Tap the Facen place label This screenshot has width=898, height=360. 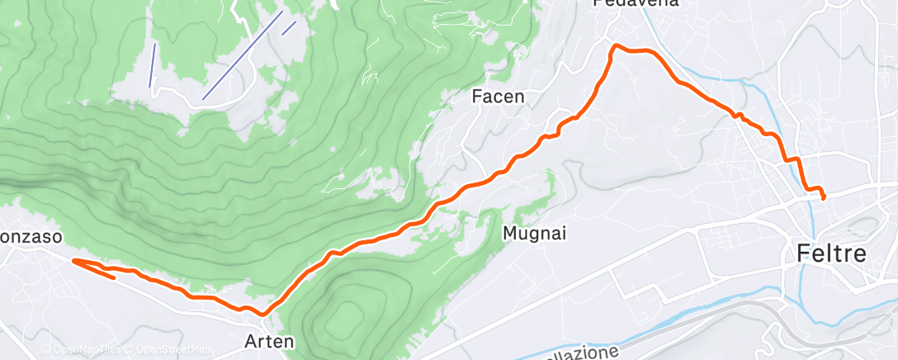[498, 97]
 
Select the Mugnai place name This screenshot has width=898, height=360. [535, 234]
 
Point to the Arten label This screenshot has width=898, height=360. [268, 339]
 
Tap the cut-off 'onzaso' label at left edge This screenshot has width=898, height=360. [31, 237]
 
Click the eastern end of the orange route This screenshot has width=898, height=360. [824, 197]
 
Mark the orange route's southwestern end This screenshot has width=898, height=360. [114, 277]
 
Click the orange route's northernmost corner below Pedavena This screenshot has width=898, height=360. [613, 47]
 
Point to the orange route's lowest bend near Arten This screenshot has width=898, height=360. [262, 314]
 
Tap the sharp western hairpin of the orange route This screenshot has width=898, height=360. [75, 261]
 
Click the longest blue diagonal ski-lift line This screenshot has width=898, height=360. [243, 55]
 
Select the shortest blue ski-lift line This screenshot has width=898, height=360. [288, 27]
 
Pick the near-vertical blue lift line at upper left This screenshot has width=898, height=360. [152, 64]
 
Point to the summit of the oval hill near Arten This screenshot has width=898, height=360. [347, 312]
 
